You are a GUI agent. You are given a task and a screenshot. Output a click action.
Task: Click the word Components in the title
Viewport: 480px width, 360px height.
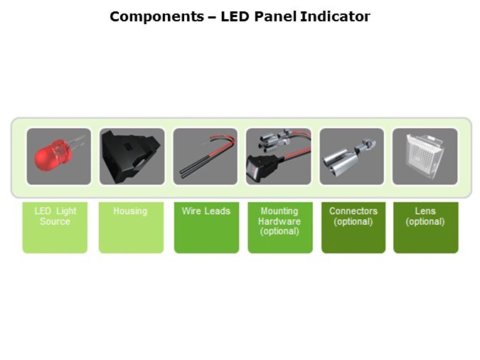tap(156, 16)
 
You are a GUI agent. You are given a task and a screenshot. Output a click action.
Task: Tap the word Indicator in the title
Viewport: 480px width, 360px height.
tap(335, 16)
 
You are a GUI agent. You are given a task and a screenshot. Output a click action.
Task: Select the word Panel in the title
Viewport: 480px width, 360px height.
tap(275, 16)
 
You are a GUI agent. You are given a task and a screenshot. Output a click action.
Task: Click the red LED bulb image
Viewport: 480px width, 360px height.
tap(59, 157)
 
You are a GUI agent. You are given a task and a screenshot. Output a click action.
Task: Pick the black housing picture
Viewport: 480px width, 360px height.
tap(132, 157)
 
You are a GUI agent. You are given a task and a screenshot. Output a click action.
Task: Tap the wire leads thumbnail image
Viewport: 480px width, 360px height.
tap(205, 157)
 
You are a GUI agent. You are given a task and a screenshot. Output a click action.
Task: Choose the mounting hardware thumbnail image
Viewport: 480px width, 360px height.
tap(279, 157)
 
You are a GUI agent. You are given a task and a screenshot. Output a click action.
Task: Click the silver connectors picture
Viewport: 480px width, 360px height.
tap(352, 157)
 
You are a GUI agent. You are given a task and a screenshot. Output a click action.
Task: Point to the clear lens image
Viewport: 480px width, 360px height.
tap(425, 157)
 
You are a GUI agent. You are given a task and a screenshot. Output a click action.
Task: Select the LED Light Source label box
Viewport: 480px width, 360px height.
tap(55, 228)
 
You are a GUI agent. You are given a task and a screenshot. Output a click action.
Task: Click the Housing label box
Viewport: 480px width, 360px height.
tap(131, 228)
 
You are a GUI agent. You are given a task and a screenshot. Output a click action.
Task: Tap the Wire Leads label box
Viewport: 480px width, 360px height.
tap(207, 228)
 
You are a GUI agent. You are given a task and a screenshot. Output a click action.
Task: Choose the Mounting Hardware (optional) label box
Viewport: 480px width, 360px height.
tap(280, 228)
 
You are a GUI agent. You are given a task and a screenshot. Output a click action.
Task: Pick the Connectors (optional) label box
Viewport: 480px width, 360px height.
tap(353, 228)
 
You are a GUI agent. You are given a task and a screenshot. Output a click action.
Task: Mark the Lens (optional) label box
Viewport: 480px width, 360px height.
tap(426, 228)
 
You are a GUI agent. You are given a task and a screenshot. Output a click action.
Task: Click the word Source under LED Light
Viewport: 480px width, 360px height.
tap(55, 221)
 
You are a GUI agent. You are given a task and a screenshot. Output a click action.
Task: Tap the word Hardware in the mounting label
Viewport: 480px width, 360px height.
tap(279, 221)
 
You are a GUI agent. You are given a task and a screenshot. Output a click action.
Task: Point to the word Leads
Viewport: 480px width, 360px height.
tap(218, 211)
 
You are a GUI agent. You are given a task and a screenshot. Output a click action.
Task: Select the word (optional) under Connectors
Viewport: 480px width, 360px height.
tap(353, 221)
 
